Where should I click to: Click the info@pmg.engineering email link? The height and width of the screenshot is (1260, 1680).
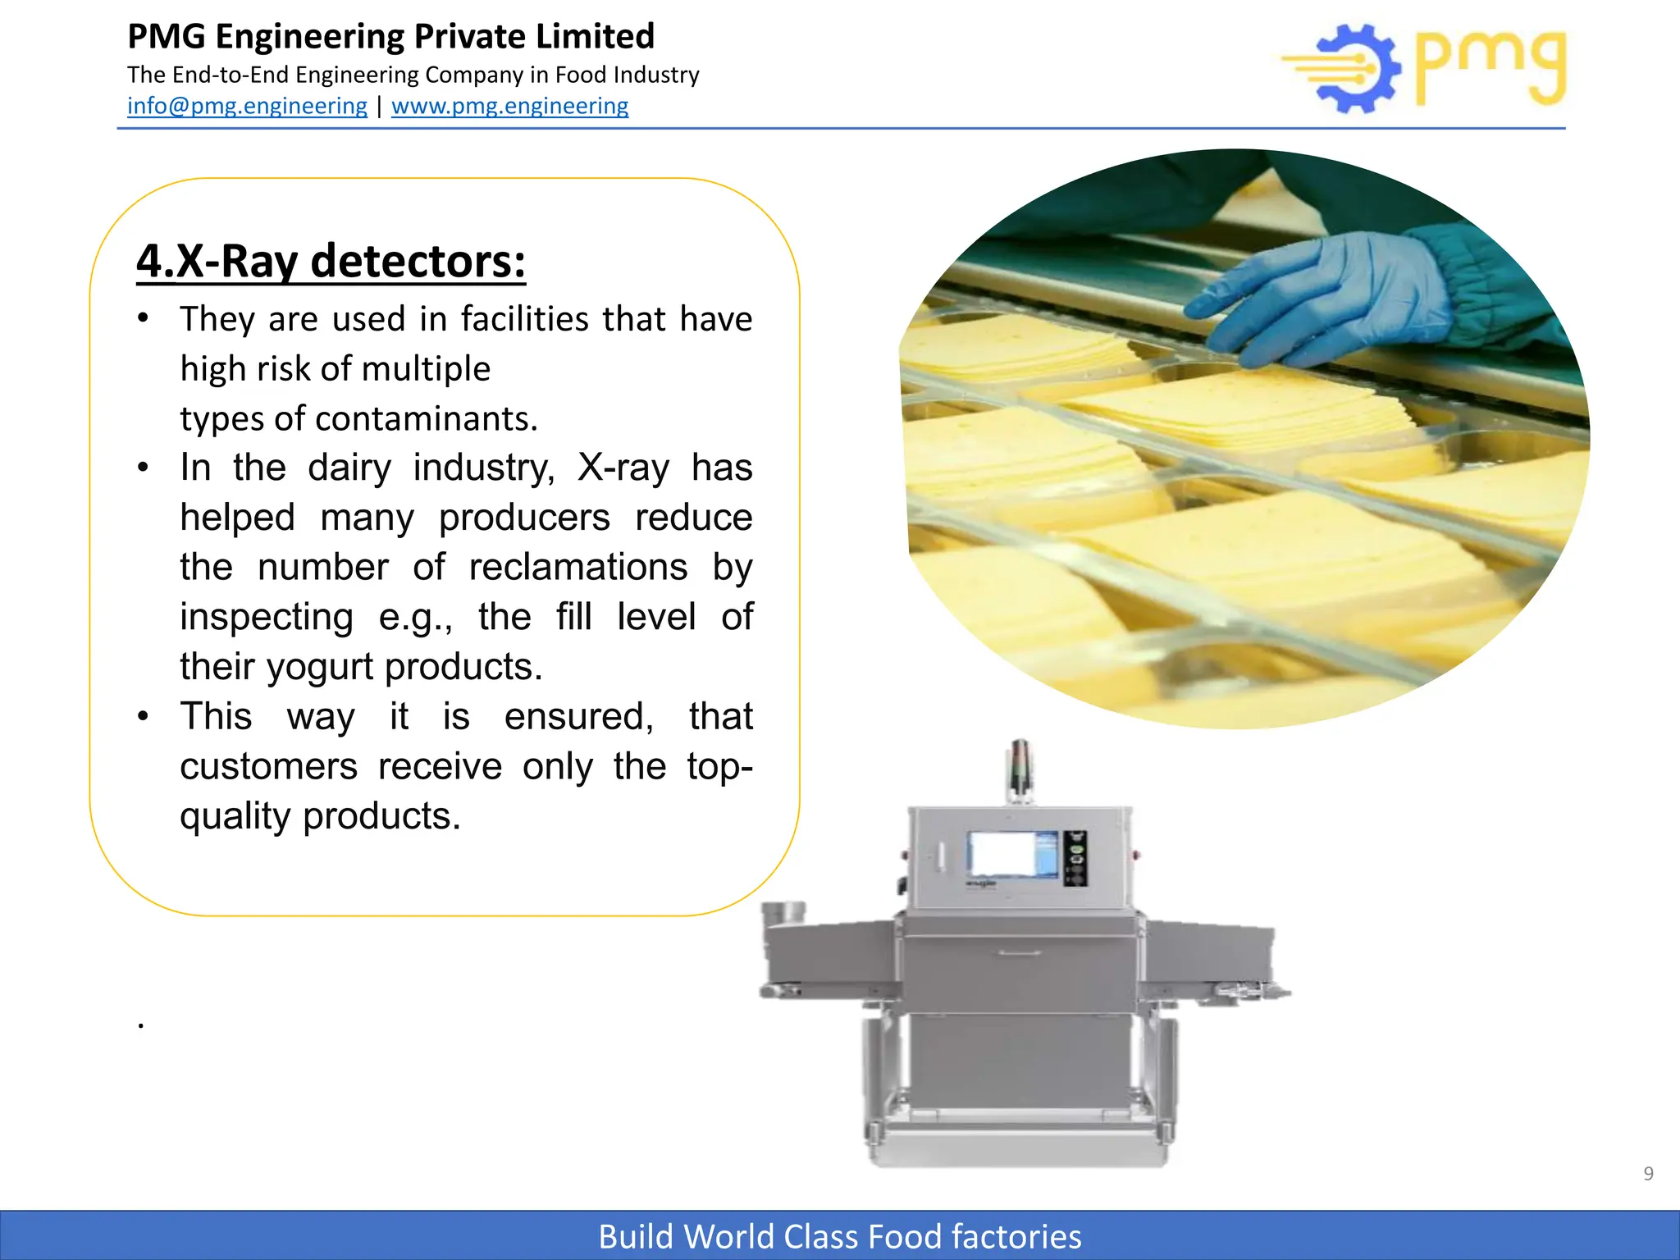247,106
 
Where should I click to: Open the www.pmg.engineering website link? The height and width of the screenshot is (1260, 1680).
509,106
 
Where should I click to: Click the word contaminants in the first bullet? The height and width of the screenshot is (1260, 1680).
427,418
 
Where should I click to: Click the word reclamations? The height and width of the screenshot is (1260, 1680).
578,567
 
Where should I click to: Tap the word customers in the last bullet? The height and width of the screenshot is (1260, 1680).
268,767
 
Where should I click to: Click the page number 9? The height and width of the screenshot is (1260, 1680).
1648,1174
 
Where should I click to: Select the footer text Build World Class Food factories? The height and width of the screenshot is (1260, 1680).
840,1236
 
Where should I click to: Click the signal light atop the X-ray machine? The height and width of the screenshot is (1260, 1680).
1020,767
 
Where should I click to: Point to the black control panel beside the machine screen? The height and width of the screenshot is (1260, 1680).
1075,858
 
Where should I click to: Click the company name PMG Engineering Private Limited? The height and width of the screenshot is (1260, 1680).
390,37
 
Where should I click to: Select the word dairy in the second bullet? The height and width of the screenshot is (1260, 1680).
349,468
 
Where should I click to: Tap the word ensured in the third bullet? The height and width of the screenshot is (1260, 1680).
578,717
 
